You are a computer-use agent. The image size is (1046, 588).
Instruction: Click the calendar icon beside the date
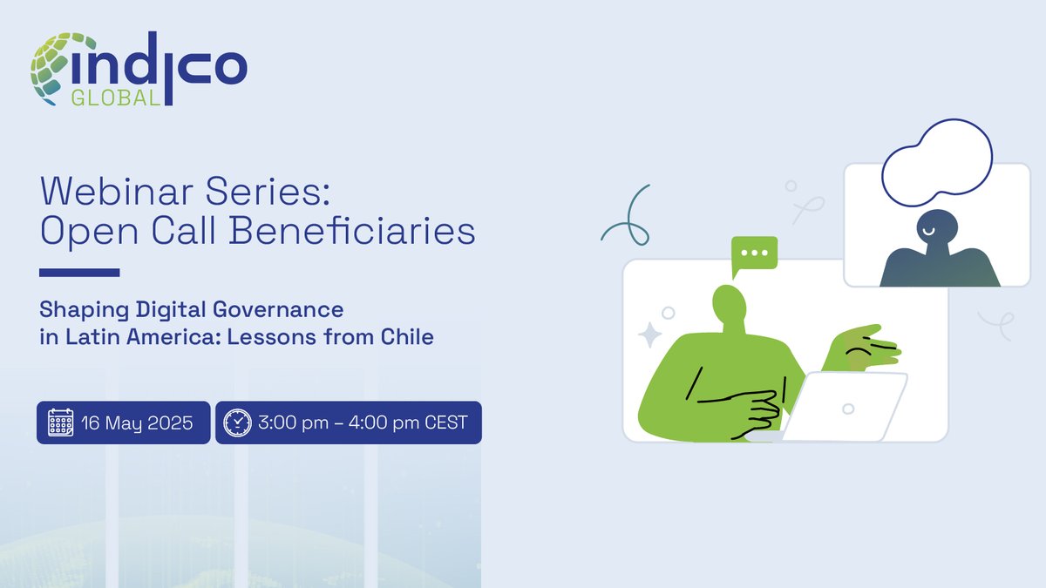coord(60,422)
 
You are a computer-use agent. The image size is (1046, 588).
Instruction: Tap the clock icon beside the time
coord(237,422)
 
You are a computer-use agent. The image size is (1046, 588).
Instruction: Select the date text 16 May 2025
coord(138,423)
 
